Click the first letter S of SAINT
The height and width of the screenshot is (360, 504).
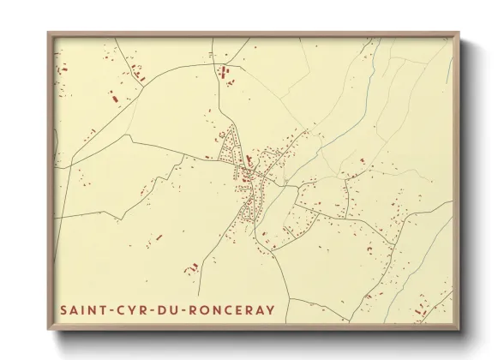(x=64, y=308)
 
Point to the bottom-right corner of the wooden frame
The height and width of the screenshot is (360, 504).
(x=460, y=330)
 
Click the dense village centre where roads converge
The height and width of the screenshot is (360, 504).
(x=249, y=176)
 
